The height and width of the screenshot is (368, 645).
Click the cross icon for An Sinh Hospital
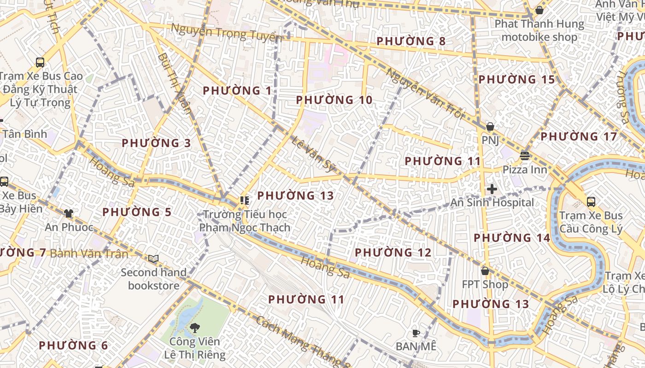pos(492,189)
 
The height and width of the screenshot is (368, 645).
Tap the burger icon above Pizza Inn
pos(524,156)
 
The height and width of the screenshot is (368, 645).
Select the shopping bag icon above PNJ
pos(490,126)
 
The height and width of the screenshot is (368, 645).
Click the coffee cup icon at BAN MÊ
pos(416,333)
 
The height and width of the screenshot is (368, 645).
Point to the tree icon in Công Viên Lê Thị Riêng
pos(195,328)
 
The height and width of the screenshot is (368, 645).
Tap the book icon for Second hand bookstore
pos(153,259)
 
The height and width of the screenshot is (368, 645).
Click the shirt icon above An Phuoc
pos(69,213)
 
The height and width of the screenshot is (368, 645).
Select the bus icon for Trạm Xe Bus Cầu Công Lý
pos(591,201)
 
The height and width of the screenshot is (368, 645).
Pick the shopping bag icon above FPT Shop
pos(485,271)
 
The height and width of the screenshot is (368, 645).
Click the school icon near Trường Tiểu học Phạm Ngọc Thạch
pos(244,200)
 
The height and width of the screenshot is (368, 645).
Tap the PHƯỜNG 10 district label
pos(334,100)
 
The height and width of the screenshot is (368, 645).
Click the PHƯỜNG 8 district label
pos(411,41)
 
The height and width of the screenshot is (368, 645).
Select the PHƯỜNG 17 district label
pos(578,137)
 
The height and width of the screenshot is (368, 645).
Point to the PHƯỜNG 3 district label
pos(156,143)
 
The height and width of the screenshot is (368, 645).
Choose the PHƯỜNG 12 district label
pos(393,253)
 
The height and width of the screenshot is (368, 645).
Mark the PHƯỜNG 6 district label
pos(73,345)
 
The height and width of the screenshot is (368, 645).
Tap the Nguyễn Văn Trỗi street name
pos(424,94)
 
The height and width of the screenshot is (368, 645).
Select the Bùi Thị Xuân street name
pos(174,83)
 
